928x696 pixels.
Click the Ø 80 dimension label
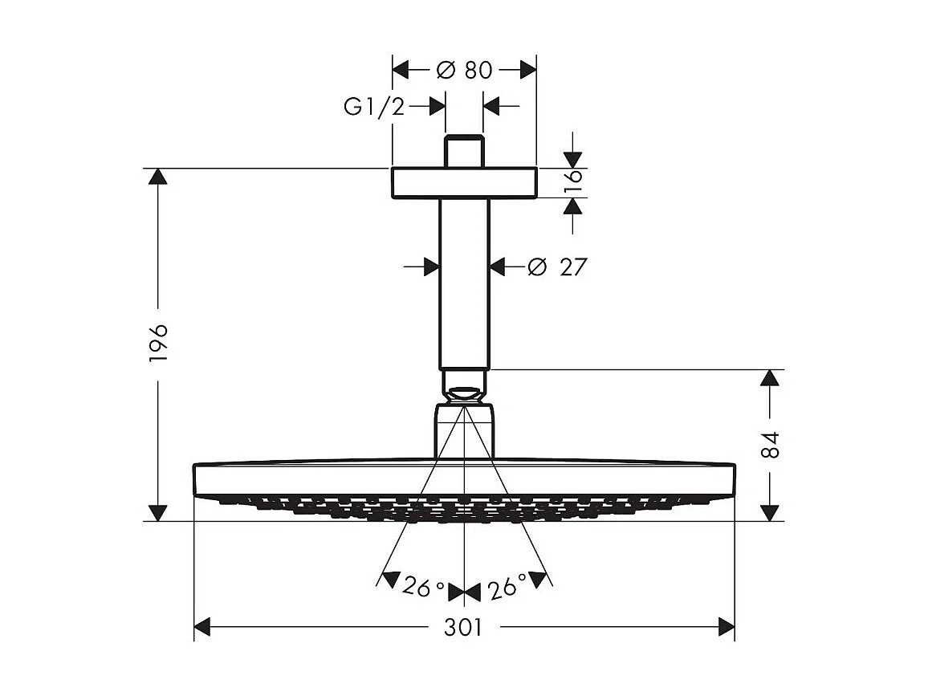(x=464, y=71)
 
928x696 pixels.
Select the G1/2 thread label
(x=374, y=107)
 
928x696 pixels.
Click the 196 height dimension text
(x=158, y=344)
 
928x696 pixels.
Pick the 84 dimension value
(x=770, y=444)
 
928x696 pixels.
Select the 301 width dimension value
(x=464, y=628)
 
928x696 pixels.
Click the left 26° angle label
(x=424, y=588)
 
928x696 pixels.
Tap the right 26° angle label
(x=507, y=588)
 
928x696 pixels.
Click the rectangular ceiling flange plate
(x=464, y=182)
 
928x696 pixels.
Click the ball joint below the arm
(x=464, y=394)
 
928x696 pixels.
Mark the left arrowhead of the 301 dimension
(x=202, y=627)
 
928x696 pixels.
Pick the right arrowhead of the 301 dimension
(x=727, y=627)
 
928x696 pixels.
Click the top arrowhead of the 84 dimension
(x=770, y=378)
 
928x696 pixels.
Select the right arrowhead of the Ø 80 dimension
(x=528, y=71)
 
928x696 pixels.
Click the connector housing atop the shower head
(x=464, y=433)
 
